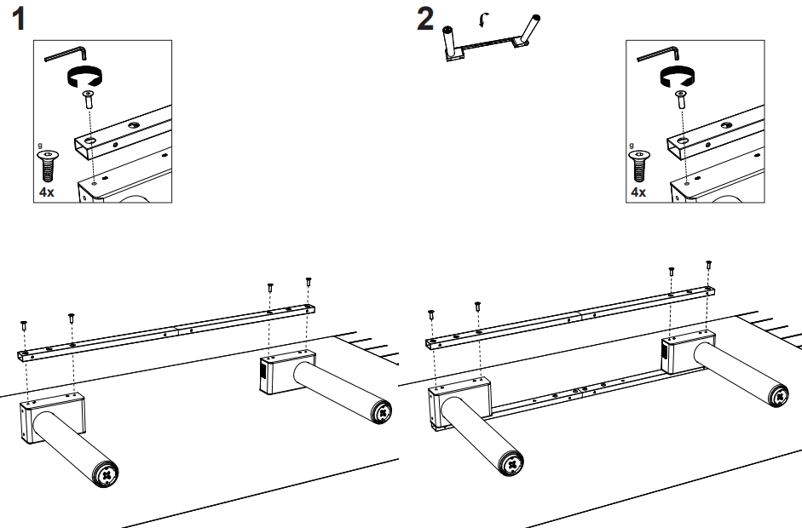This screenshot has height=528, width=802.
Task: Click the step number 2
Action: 425,19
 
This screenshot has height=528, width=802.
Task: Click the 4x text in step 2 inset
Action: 638,192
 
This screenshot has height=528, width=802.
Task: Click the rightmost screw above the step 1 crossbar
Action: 309,281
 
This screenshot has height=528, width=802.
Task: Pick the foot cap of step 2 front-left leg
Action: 511,464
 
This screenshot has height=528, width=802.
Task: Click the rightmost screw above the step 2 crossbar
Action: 708,266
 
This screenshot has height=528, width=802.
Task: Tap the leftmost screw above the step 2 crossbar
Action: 432,314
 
